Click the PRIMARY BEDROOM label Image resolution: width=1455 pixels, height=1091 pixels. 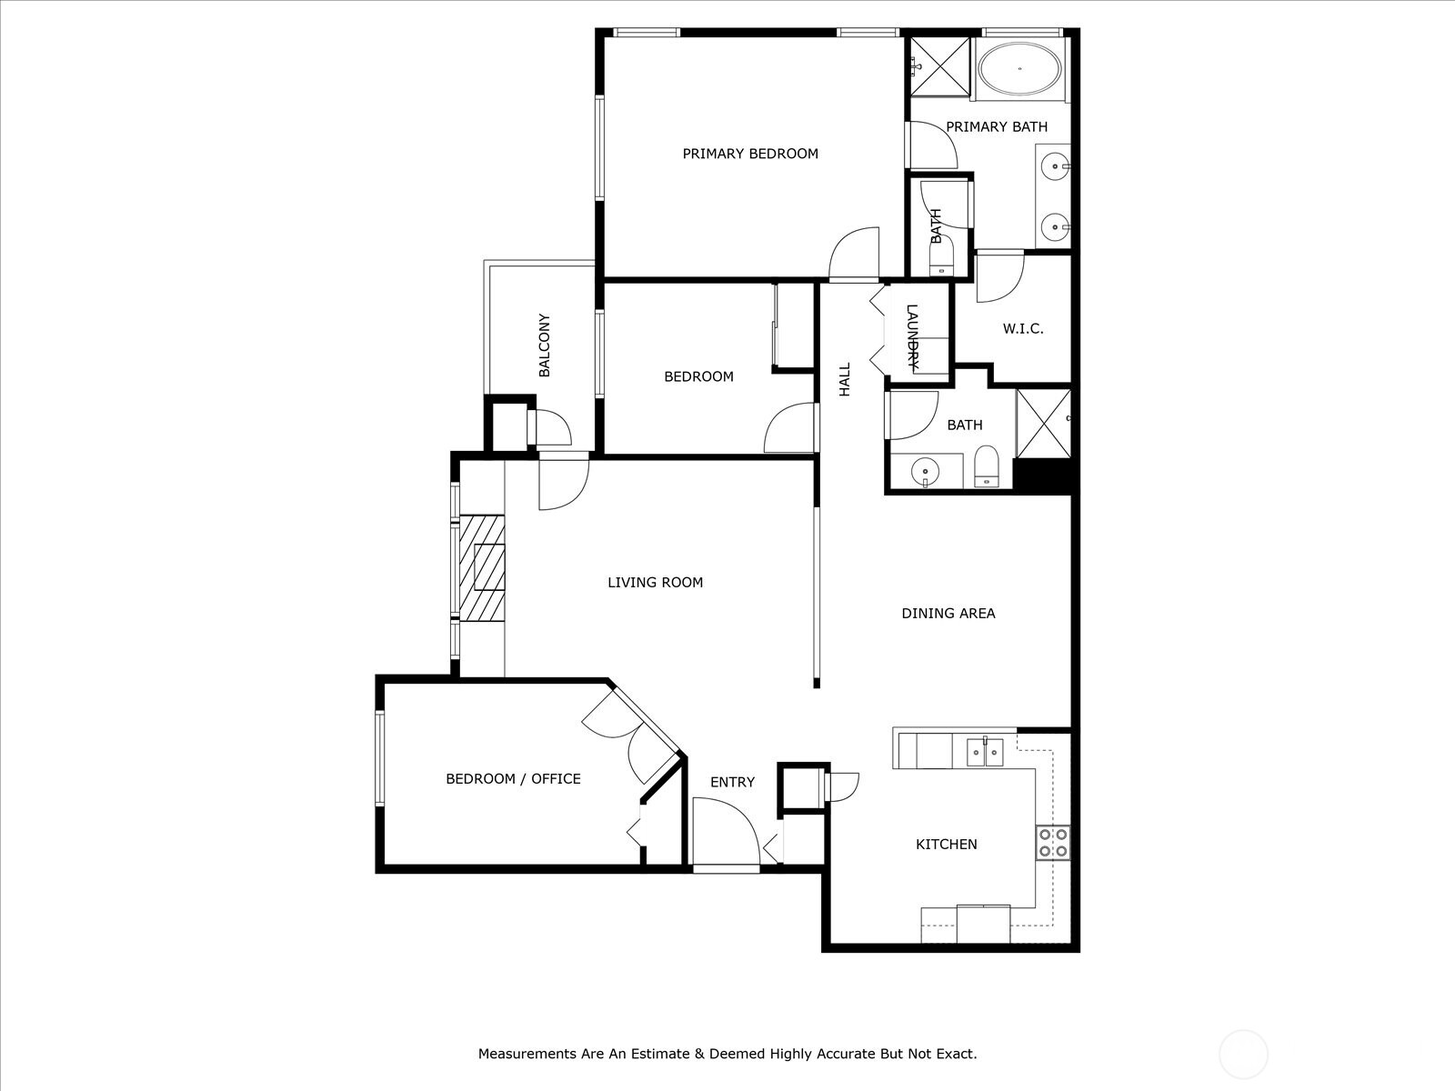(x=750, y=154)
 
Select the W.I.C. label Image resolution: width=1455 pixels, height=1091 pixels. (x=1023, y=328)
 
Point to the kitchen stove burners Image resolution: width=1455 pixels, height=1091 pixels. (x=1053, y=842)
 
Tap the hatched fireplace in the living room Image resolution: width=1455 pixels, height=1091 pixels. (x=481, y=568)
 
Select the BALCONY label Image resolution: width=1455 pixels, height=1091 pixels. (x=545, y=345)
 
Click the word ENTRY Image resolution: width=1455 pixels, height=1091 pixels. (x=732, y=782)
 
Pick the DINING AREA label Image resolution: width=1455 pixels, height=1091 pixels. (x=948, y=614)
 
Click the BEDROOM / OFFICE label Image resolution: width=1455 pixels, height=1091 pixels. (x=513, y=779)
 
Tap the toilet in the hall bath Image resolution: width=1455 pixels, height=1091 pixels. (x=986, y=469)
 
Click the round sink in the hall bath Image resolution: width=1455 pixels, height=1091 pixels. (x=926, y=471)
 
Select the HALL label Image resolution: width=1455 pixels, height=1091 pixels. (x=845, y=379)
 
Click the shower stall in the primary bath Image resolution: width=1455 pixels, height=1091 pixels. (x=941, y=65)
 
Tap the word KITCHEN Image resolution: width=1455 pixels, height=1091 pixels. (x=946, y=845)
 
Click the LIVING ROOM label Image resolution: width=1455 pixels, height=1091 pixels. (x=655, y=583)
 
